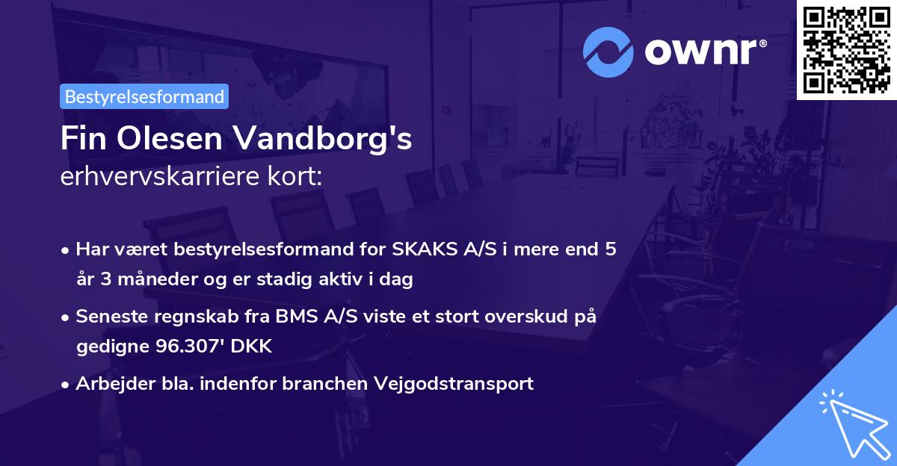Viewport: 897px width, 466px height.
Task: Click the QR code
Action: pos(846,49)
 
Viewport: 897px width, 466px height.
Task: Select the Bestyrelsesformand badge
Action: pos(144,96)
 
